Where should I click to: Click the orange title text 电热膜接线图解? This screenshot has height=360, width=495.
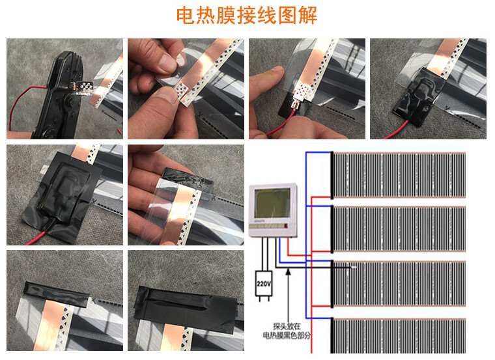point(247,16)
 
